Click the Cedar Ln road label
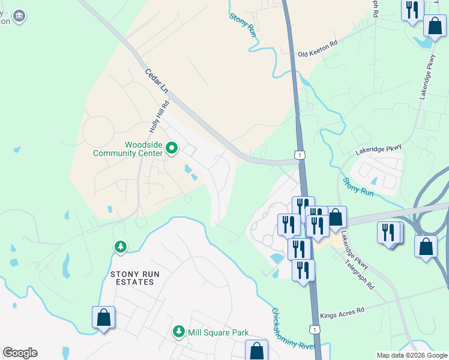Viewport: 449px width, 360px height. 157,82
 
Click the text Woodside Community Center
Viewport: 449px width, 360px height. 127,149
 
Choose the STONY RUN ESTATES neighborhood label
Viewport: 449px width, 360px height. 136,278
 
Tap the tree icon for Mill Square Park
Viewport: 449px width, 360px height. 178,332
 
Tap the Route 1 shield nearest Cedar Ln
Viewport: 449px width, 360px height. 299,155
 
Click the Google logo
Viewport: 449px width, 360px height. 20,353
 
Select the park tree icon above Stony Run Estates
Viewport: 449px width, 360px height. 121,247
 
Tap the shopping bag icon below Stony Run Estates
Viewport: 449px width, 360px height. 103,317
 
